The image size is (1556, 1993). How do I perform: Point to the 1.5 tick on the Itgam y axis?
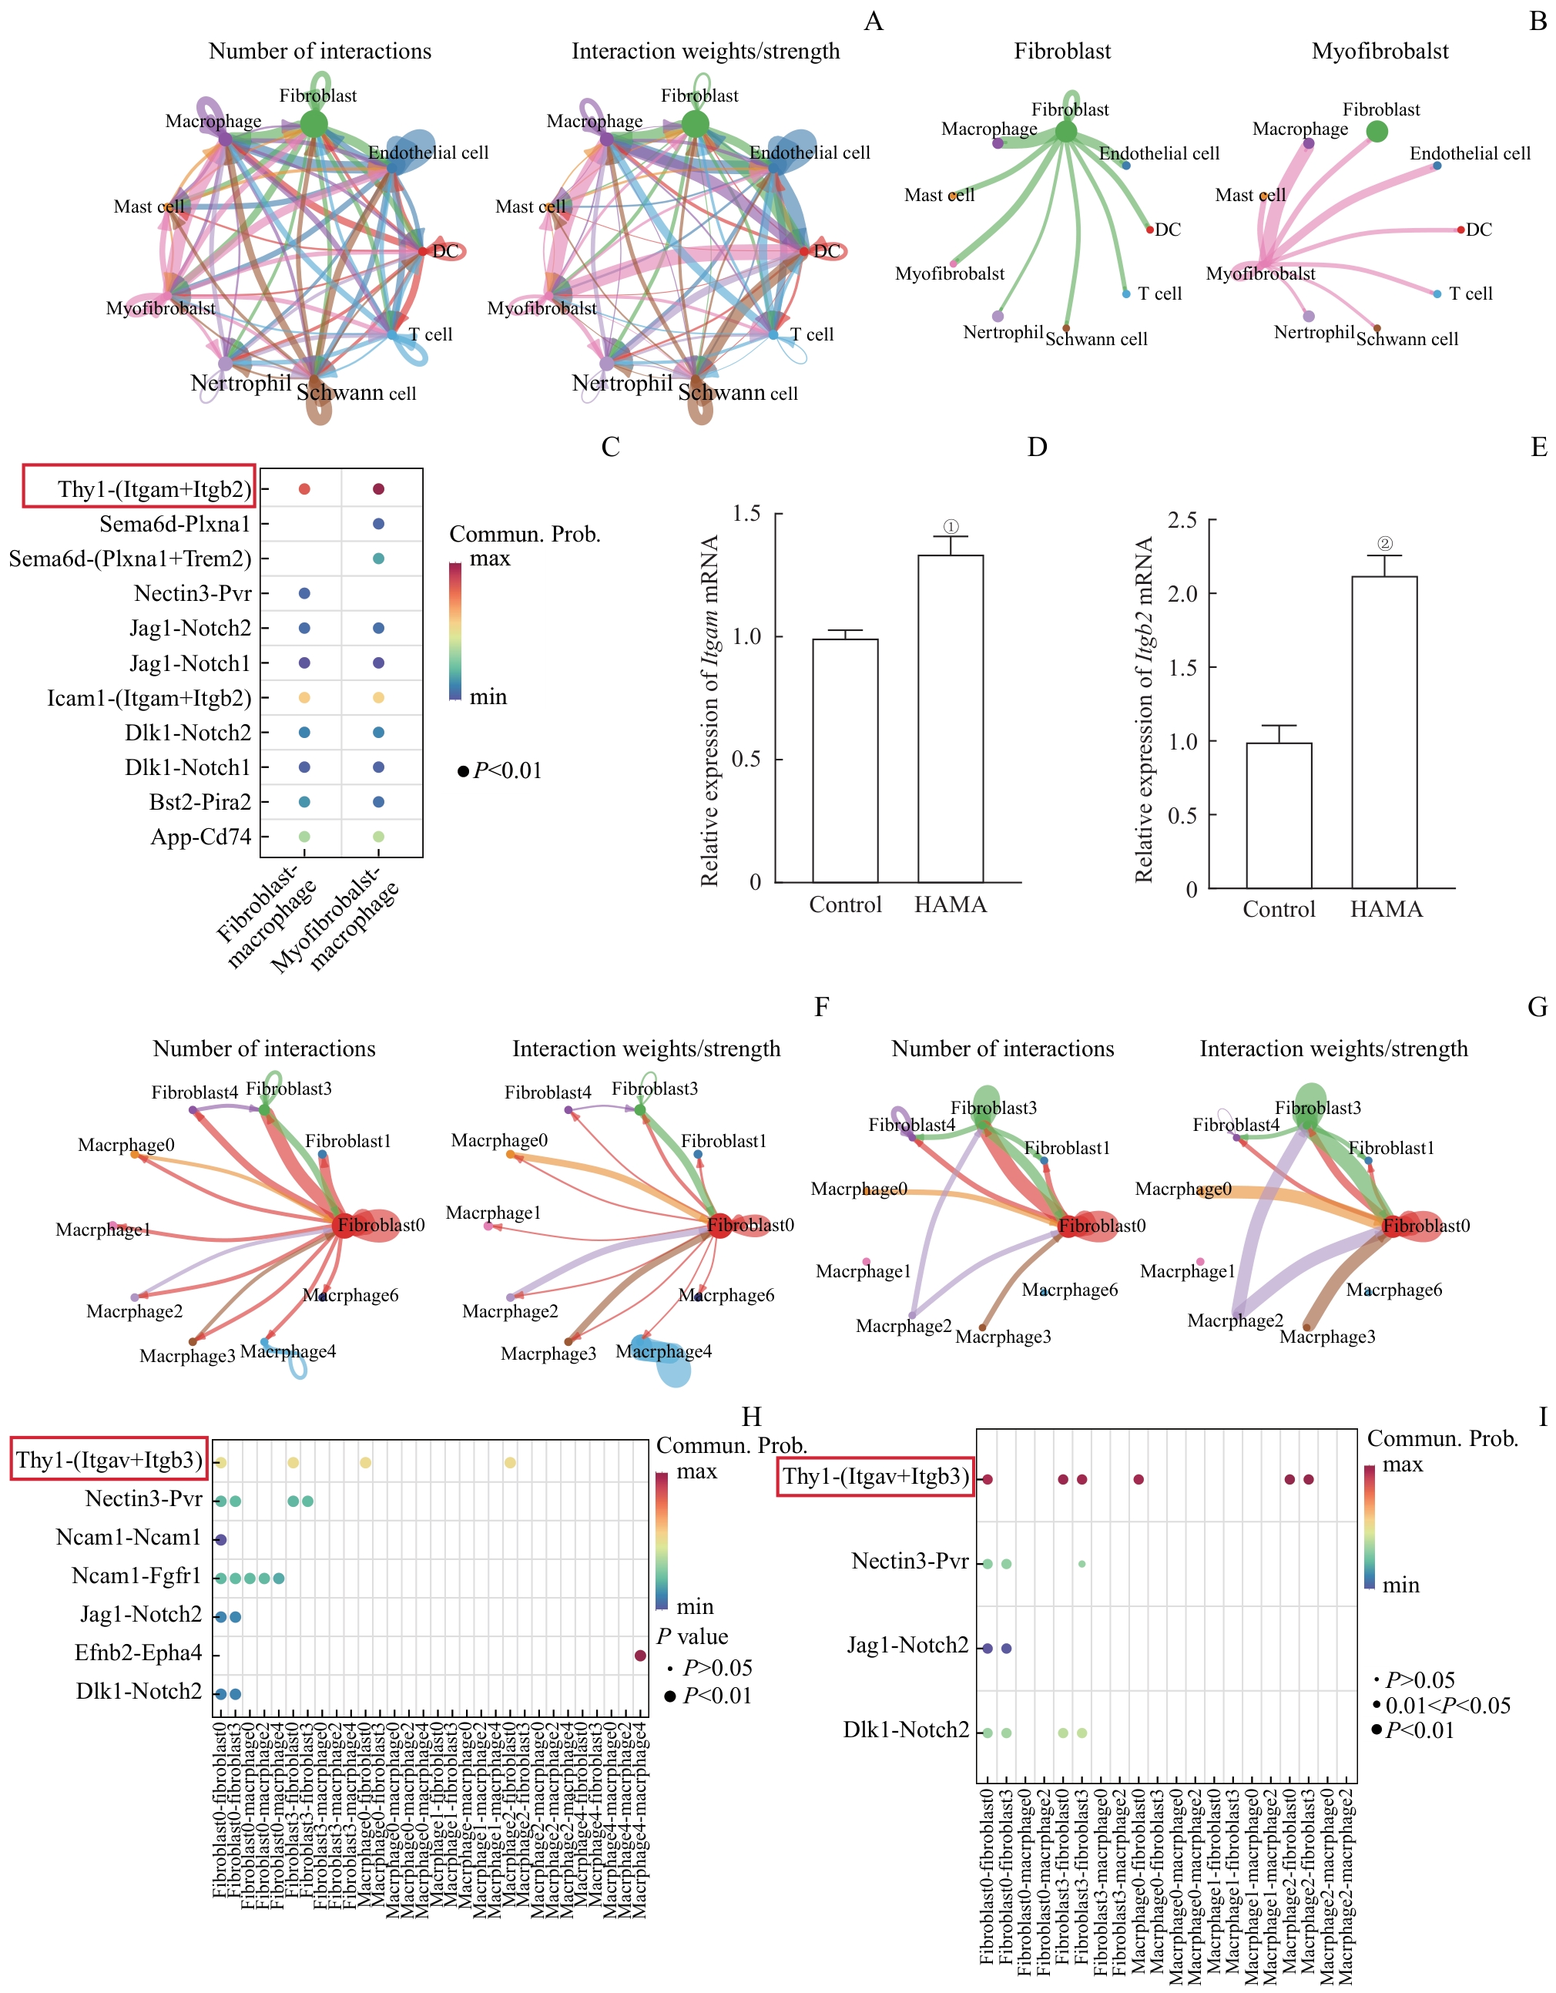(746, 514)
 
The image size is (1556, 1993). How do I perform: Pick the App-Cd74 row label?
(201, 837)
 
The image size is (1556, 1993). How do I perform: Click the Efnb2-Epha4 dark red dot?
(640, 1655)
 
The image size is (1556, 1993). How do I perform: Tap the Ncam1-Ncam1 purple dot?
(221, 1539)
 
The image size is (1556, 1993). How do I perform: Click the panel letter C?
(611, 447)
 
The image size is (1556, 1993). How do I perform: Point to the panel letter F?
(821, 1007)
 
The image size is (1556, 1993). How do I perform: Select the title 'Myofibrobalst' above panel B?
(1379, 51)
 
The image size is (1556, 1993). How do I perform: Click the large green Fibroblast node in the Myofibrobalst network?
(1377, 132)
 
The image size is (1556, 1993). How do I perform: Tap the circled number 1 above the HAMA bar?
(950, 526)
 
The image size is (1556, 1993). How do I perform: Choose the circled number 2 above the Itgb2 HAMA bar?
(1384, 544)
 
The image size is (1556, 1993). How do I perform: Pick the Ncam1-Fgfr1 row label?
(136, 1576)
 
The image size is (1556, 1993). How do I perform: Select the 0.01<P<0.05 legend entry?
(1447, 1706)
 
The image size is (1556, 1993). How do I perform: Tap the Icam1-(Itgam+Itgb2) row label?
(149, 698)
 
